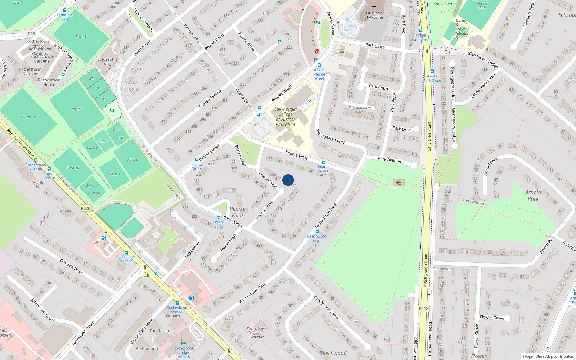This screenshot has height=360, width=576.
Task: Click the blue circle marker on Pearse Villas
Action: point(288,180)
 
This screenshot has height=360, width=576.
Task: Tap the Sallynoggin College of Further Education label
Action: point(285,117)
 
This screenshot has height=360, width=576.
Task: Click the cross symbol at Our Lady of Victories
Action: point(374,7)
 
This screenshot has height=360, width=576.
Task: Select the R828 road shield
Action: point(86,208)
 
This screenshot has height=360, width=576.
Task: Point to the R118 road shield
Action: point(424,309)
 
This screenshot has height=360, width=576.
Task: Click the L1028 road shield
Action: point(29,34)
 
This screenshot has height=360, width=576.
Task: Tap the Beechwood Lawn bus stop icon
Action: point(317,231)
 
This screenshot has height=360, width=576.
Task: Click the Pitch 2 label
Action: point(28,117)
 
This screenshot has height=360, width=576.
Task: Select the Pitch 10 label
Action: point(73,168)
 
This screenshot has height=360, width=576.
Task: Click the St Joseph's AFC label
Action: point(107,62)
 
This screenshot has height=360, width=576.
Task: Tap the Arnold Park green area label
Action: point(533,195)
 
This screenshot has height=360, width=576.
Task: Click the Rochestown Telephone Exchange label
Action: point(256,333)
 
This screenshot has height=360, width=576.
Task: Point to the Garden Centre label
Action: point(49,176)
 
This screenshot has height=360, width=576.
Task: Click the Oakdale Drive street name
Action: point(71,267)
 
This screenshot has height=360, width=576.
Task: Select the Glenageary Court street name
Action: point(330,136)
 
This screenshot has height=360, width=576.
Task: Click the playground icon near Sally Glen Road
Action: point(399,183)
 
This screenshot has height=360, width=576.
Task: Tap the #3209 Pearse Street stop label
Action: point(319,74)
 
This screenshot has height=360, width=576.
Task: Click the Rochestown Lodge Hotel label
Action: point(184,352)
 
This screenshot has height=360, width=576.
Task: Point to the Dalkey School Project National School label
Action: point(461,29)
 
